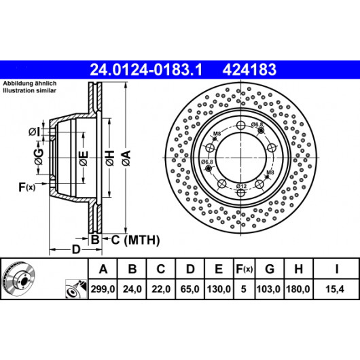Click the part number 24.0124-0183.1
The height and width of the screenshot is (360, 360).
tap(146, 70)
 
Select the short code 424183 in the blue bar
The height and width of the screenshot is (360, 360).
tap(249, 70)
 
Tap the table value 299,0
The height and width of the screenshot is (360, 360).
tap(103, 289)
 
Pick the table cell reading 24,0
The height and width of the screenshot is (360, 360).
tap(132, 289)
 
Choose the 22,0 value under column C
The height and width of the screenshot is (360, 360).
tap(161, 289)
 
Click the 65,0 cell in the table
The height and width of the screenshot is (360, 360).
tap(190, 289)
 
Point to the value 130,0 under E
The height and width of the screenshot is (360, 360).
tap(219, 289)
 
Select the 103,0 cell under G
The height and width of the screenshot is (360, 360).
tap(269, 289)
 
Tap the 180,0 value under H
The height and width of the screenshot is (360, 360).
tap(298, 289)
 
